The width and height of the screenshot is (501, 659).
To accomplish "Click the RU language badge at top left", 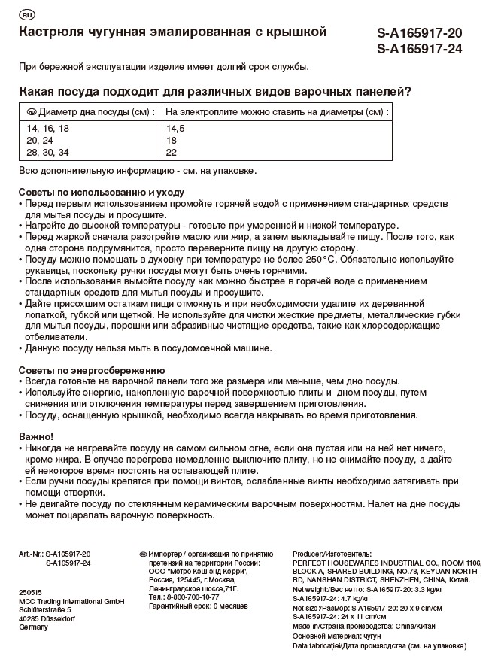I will click(26, 14).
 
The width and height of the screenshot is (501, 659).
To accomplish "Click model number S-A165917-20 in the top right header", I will click(419, 33).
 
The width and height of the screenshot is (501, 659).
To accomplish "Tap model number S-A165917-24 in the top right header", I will click(419, 50).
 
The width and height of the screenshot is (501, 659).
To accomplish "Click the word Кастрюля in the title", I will click(50, 32).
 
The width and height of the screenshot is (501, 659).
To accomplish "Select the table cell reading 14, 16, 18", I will click(47, 129).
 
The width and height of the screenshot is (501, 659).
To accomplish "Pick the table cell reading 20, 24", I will click(39, 141).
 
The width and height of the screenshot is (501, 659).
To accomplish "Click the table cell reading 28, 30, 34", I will click(47, 152).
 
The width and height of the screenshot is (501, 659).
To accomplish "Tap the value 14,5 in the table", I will click(175, 129).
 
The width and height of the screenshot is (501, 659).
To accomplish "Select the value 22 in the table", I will click(172, 152).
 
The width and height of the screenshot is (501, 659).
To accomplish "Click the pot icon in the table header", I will click(31, 112).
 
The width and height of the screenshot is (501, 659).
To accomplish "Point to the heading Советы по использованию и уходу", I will click(101, 193).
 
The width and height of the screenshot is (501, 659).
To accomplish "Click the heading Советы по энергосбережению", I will click(91, 370).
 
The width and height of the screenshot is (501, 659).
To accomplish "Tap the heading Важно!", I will click(35, 436).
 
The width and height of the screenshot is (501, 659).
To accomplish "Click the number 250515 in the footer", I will click(30, 592).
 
